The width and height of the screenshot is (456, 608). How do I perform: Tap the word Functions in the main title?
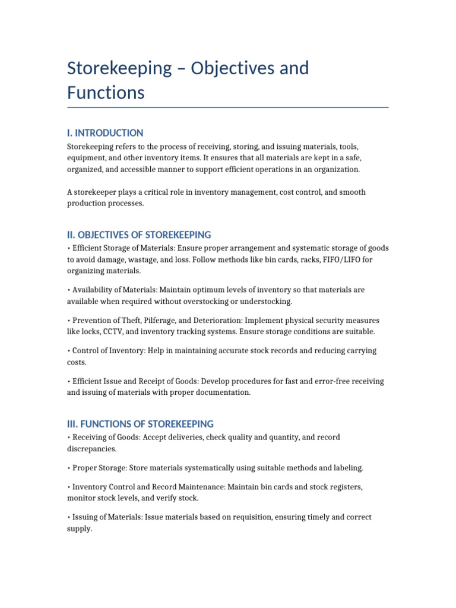point(106,93)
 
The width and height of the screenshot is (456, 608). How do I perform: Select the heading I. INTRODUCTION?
point(105,133)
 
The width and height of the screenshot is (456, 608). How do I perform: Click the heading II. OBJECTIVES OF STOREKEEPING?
point(139,235)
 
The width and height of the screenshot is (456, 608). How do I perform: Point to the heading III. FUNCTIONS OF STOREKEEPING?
point(140,424)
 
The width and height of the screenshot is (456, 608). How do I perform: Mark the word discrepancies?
point(91,449)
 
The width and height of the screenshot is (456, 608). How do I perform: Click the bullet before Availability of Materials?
point(69,290)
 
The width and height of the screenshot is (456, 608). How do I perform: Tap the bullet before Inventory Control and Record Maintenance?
point(69,487)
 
